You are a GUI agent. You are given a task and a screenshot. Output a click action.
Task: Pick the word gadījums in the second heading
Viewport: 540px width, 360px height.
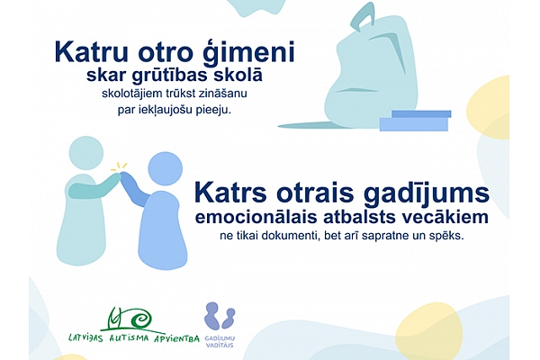[x=427, y=194]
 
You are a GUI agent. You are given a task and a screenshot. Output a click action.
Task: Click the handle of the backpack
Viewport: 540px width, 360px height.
[x=363, y=17]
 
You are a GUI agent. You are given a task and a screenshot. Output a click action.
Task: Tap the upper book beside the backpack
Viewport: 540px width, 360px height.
[x=421, y=113]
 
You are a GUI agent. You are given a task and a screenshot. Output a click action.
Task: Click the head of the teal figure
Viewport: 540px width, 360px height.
[x=86, y=153]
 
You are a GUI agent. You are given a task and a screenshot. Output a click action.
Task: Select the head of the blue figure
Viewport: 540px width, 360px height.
[x=165, y=169]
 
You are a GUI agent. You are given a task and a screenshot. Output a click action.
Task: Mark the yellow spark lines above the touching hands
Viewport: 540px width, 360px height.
[x=119, y=166]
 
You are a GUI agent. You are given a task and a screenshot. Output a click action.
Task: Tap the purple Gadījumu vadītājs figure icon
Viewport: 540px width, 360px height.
[x=220, y=316]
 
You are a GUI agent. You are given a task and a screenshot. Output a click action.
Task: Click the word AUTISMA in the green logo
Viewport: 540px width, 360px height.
[x=129, y=338]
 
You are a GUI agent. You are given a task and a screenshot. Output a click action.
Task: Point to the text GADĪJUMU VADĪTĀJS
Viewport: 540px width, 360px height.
[x=220, y=341]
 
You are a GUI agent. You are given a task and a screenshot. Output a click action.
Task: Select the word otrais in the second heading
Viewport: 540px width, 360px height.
[x=315, y=193]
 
